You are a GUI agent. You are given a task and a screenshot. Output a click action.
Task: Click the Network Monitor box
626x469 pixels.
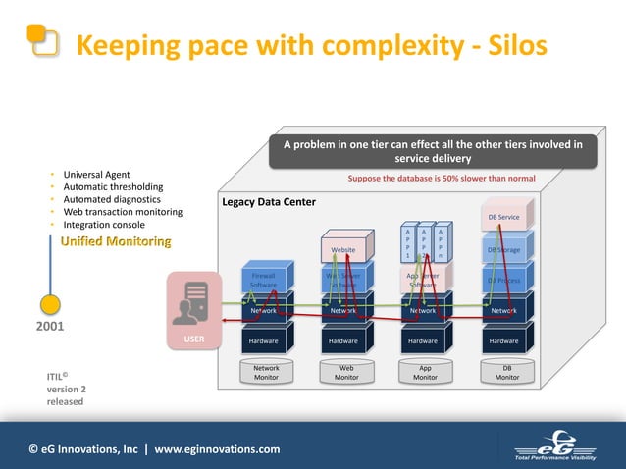[266, 373]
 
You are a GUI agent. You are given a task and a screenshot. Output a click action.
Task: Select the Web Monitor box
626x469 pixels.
[346, 373]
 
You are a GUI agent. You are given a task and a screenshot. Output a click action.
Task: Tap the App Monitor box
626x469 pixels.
[426, 373]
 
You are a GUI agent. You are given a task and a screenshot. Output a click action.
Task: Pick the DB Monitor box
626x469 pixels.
[506, 373]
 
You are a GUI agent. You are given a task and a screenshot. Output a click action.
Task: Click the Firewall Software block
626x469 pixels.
[263, 280]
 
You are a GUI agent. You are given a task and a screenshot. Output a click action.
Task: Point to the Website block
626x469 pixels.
[343, 250]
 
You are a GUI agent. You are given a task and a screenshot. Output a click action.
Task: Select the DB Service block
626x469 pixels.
[503, 217]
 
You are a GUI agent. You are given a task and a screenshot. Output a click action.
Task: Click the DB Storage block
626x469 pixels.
[503, 250]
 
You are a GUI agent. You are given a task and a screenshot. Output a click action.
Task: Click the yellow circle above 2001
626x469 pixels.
[52, 306]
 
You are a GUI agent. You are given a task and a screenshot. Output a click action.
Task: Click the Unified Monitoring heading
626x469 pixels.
[116, 241]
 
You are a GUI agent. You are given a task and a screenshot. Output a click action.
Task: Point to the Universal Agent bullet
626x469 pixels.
[95, 175]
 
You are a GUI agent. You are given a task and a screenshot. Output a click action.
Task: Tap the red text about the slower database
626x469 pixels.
[442, 179]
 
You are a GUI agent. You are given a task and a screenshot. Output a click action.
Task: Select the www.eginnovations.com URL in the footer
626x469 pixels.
[217, 449]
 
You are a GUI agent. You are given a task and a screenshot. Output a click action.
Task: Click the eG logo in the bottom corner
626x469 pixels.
[562, 446]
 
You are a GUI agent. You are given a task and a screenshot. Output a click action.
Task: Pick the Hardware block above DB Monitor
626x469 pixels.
[503, 340]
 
